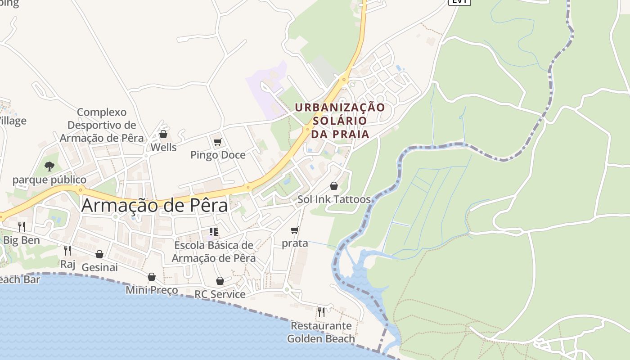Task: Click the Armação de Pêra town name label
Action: tap(155, 205)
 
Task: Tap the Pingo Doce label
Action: tap(218, 155)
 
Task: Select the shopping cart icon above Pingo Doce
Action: tap(218, 142)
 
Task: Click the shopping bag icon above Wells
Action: tap(163, 134)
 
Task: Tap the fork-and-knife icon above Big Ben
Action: tap(22, 226)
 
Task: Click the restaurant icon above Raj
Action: tap(67, 250)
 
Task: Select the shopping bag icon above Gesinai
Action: tap(99, 254)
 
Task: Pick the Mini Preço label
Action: tap(152, 290)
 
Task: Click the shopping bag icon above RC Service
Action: tap(220, 281)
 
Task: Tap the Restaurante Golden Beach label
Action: tap(321, 332)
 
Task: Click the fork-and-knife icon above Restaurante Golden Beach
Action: tap(321, 312)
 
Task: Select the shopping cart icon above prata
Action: tap(295, 230)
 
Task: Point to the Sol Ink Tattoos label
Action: tap(334, 199)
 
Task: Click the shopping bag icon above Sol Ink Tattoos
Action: tap(334, 186)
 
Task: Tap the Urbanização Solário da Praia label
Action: tap(340, 121)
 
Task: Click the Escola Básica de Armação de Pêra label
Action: tap(214, 252)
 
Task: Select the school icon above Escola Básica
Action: tap(214, 232)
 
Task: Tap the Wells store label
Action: tap(163, 147)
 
